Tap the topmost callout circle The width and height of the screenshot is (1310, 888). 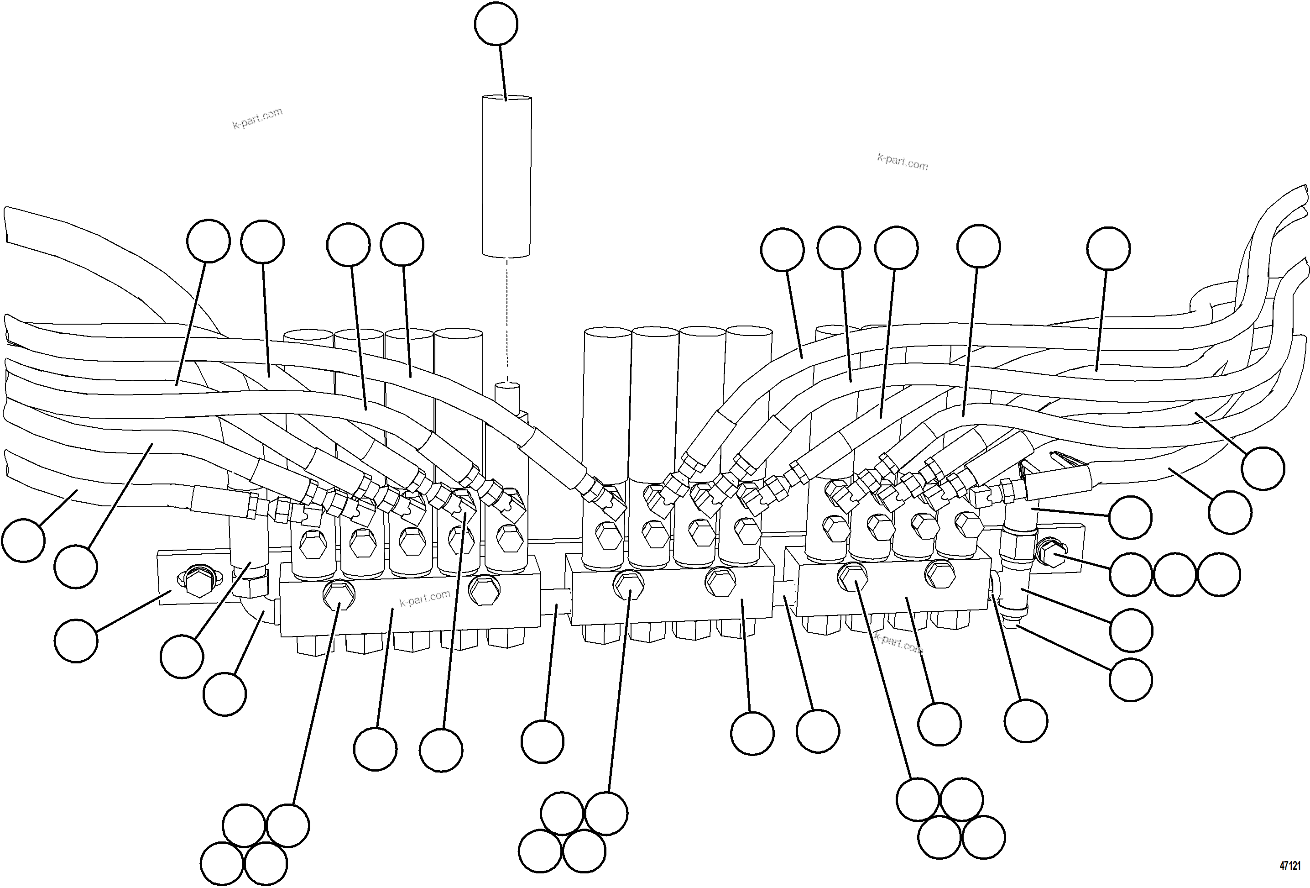496,24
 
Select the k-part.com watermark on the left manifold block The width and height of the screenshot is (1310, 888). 424,598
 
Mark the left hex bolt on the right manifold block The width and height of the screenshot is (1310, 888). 853,576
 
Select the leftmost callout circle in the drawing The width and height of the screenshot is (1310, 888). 23,540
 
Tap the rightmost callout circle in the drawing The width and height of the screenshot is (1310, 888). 1264,468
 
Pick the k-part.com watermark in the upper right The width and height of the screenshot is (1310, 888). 902,162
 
